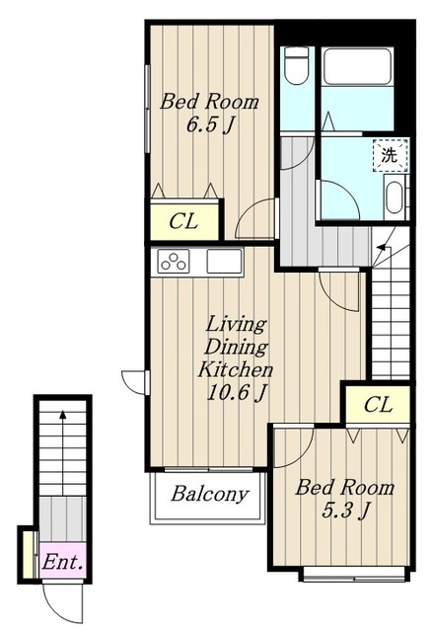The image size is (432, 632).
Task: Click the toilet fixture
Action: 296,65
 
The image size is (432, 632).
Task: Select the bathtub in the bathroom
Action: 357,66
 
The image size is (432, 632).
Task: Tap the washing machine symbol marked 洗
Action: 390,155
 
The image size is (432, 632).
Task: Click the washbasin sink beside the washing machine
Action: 395,197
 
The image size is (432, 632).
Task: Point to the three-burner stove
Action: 174,261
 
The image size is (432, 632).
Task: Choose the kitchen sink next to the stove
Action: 225,261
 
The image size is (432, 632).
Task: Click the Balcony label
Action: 209,494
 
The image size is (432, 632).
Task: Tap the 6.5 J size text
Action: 209,125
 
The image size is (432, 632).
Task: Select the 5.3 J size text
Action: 345,511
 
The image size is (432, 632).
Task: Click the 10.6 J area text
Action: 237,393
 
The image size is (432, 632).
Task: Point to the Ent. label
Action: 63,562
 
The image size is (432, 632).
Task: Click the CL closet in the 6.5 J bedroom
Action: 184,221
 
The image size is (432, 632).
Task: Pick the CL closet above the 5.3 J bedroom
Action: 377,405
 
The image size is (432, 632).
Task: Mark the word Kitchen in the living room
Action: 236,369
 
